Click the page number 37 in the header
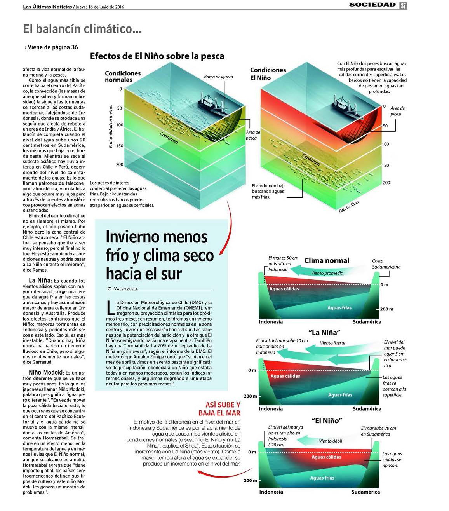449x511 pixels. [403, 5]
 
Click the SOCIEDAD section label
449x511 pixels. [372, 5]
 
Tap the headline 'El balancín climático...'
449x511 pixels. [82, 29]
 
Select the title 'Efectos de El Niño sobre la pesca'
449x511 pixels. [157, 56]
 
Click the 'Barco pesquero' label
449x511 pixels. [218, 77]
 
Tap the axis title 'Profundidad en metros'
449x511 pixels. [111, 127]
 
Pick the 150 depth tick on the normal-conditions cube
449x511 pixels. [119, 146]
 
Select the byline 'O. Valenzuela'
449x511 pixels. [123, 289]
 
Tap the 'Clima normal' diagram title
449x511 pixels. [327, 260]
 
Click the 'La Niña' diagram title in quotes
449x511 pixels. [325, 332]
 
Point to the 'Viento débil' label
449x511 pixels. [331, 441]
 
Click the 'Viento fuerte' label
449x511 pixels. [332, 343]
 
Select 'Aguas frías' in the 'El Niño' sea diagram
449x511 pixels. [322, 478]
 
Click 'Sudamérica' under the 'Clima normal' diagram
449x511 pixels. [367, 322]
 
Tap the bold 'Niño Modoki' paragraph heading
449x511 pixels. [46, 372]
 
